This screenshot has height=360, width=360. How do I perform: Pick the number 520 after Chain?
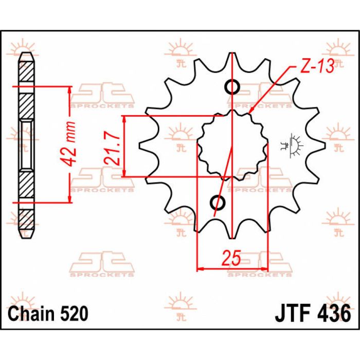[x=74, y=313]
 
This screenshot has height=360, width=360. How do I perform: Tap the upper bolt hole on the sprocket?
[x=232, y=87]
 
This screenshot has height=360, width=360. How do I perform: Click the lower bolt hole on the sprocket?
[x=218, y=203]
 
